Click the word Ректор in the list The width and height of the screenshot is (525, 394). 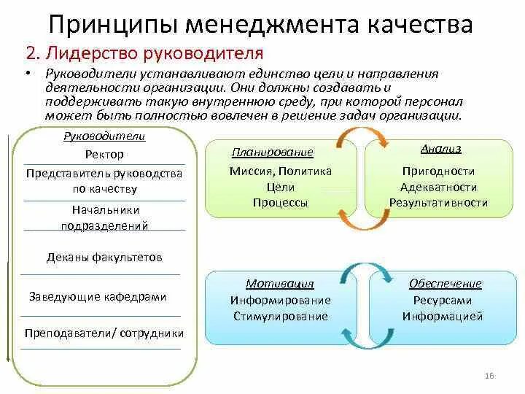coord(104,154)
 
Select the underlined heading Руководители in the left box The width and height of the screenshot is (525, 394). coord(104,136)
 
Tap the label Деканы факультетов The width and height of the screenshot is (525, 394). coord(104,258)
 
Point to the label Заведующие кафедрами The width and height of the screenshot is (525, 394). coord(98,297)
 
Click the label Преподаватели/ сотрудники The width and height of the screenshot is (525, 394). coord(104,333)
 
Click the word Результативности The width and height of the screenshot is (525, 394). coord(438,203)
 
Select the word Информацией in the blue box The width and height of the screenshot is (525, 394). coord(443,317)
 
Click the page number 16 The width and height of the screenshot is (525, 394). coord(489,375)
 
